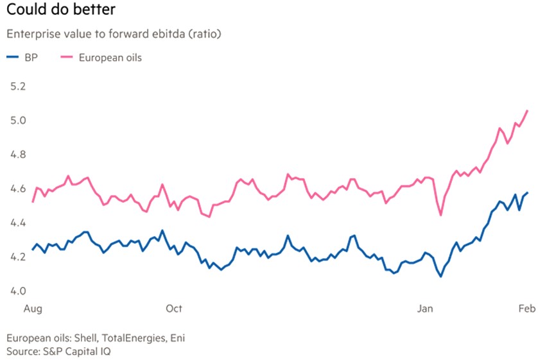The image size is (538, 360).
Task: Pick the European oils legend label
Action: [x=110, y=58]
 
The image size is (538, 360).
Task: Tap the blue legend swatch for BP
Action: [x=12, y=58]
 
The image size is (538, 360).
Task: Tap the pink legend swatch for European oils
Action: [x=65, y=58]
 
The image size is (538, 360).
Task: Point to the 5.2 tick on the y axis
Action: [x=19, y=86]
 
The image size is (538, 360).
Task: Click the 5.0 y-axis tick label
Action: [x=19, y=121]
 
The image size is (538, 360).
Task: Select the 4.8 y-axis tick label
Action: [x=19, y=155]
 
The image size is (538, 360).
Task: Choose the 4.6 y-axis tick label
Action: [x=19, y=189]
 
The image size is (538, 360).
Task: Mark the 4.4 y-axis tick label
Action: [x=19, y=223]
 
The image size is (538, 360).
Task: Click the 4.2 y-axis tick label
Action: [x=19, y=257]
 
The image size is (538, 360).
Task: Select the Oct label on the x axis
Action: [x=174, y=309]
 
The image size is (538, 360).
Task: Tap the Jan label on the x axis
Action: [x=425, y=309]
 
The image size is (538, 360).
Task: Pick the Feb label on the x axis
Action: [x=525, y=309]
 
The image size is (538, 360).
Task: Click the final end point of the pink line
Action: [x=527, y=110]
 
